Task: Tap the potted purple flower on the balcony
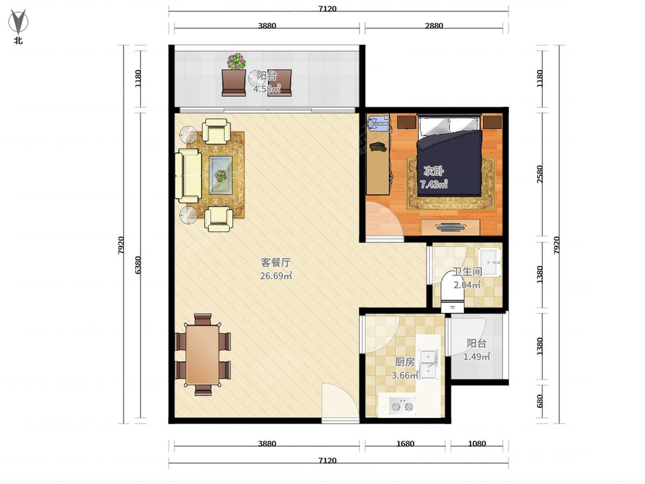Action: tap(236, 61)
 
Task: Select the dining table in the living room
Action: tap(203, 354)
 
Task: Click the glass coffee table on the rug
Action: tap(220, 175)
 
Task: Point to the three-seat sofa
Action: tap(188, 176)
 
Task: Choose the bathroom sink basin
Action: tap(489, 262)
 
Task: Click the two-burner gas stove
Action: tap(402, 406)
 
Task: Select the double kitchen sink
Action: tap(429, 365)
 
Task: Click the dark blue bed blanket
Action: tap(449, 163)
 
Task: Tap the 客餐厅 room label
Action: tap(276, 262)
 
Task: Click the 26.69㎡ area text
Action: tap(276, 276)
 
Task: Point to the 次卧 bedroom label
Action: tap(433, 170)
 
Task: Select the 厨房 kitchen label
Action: tap(405, 362)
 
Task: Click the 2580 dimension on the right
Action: tap(540, 174)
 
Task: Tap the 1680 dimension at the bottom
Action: tap(405, 444)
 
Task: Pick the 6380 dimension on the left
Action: tap(138, 265)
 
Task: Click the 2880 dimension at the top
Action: tap(434, 26)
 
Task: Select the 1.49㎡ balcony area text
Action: tap(476, 357)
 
